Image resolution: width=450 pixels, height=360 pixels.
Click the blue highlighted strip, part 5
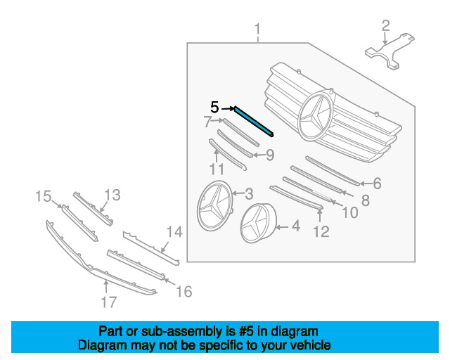point(254,122)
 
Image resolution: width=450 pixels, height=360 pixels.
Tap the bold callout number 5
point(214,108)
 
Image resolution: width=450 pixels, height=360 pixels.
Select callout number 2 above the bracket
point(385,25)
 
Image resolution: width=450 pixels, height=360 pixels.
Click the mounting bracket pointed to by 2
point(390,51)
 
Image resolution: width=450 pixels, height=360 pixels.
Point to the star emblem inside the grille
point(315,115)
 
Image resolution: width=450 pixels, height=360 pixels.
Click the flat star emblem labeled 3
point(214,205)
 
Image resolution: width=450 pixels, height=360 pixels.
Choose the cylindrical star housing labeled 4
point(258,223)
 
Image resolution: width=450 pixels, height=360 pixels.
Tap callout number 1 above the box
point(258,29)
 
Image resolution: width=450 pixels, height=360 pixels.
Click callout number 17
point(109,302)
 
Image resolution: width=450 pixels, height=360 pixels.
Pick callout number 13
point(112,195)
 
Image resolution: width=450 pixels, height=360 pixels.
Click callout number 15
point(44,197)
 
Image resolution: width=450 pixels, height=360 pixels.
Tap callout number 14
point(175,231)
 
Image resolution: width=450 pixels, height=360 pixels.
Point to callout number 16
point(184,292)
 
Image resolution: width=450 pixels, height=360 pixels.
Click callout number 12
point(321,231)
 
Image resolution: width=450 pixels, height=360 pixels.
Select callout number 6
point(377,184)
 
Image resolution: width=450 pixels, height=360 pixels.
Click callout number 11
point(217,169)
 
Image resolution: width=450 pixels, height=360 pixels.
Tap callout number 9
point(270,155)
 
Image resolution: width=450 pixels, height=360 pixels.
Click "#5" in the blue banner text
point(246,332)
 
